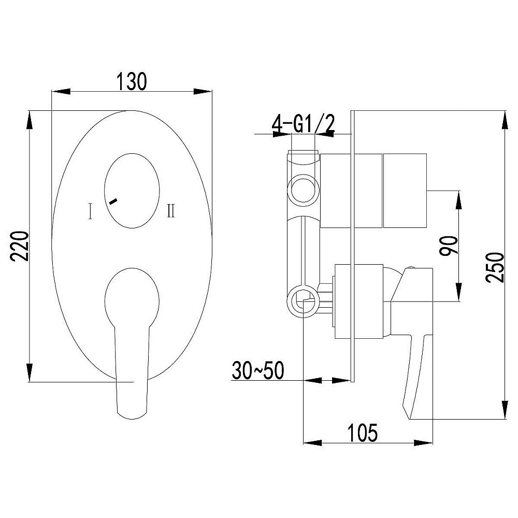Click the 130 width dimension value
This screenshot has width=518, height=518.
click(x=132, y=82)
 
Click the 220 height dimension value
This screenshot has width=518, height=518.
click(x=20, y=246)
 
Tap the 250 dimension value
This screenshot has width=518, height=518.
click(x=495, y=267)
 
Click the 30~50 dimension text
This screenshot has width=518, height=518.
click(x=257, y=370)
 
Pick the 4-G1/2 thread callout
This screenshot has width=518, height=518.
click(x=303, y=124)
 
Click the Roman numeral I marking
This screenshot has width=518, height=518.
click(x=90, y=211)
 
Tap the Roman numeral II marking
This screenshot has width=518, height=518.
click(x=171, y=210)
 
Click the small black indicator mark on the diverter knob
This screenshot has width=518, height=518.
click(x=113, y=201)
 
